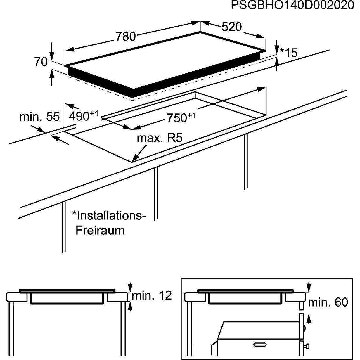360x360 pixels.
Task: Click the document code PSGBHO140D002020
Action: [x=292, y=6]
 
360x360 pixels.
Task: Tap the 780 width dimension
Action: [x=126, y=37]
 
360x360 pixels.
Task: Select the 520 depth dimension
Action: [x=232, y=27]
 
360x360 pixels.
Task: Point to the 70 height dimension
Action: [x=41, y=62]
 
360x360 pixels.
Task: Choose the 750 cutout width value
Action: [x=181, y=118]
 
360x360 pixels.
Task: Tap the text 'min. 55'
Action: [x=39, y=117]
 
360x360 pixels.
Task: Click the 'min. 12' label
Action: [x=152, y=295]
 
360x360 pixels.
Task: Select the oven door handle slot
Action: [x=260, y=344]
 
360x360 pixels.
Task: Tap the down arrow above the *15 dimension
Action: [x=277, y=47]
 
